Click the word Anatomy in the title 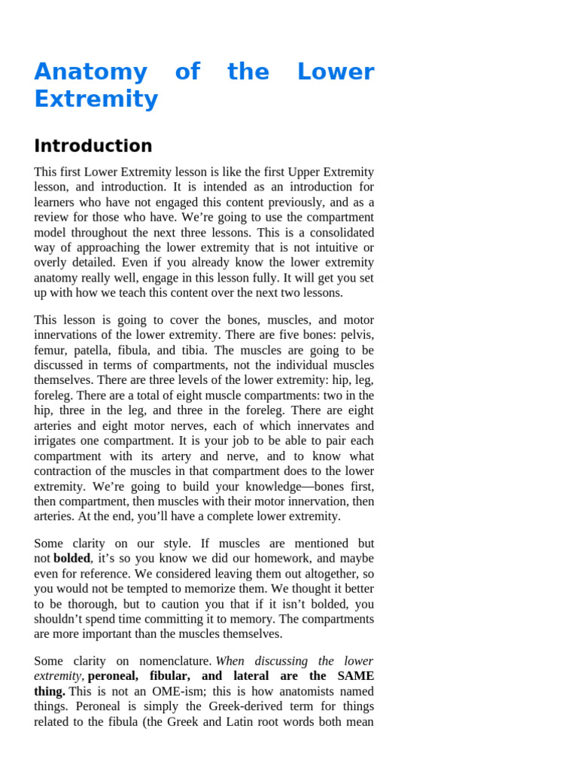(90, 72)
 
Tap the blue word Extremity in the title (96, 99)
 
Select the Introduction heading (93, 146)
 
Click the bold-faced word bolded (71, 559)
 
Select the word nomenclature (175, 661)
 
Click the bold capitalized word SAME (354, 676)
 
